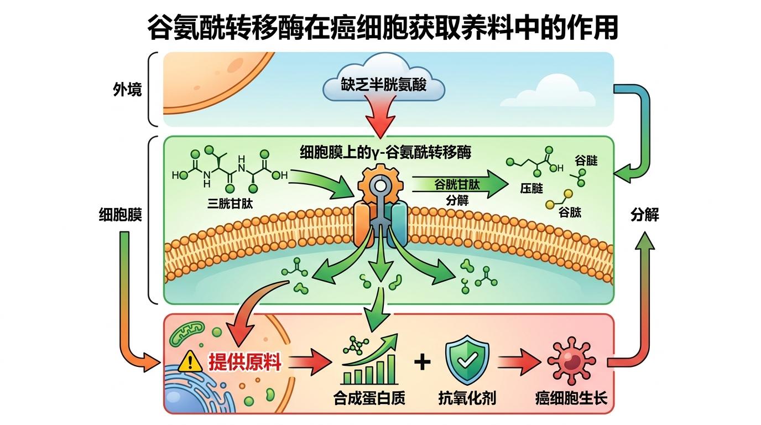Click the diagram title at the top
(382, 27)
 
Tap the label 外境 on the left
(127, 89)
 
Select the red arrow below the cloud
(382, 119)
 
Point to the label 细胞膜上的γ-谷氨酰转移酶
(385, 152)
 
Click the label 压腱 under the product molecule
(531, 189)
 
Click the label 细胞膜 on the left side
(120, 215)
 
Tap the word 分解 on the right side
(644, 215)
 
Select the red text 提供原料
(244, 362)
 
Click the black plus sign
(422, 362)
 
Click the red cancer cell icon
(571, 362)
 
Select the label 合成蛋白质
(369, 397)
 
